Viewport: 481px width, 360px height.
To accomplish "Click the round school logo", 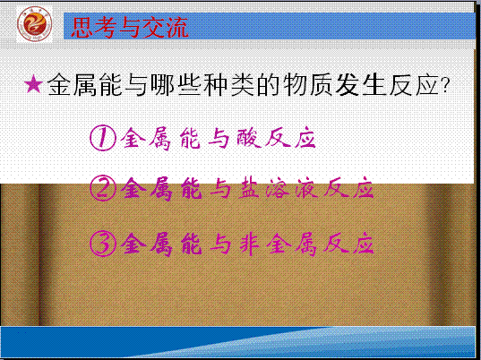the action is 35,24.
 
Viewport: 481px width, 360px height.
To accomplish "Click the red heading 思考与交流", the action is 130,28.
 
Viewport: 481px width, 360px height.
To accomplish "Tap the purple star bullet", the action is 33,83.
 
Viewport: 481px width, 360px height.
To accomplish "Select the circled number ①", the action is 103,138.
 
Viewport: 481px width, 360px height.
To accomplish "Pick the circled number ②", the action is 103,188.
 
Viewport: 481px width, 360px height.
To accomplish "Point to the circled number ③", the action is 103,244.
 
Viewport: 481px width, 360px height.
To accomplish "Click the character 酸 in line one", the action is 249,139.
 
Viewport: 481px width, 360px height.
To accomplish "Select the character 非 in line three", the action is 249,244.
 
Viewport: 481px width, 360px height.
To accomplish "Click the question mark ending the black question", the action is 444,85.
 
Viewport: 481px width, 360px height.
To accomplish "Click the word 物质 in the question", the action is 308,84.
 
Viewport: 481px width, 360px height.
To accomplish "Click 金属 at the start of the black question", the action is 73,84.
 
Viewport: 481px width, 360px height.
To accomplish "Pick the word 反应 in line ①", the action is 290,139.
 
